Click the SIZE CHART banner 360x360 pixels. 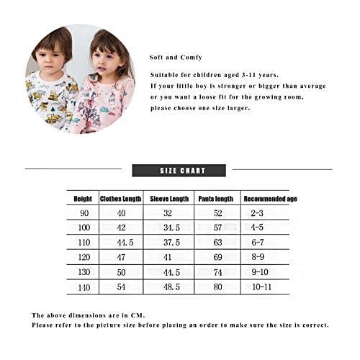tap(183, 171)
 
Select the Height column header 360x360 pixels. tap(83, 199)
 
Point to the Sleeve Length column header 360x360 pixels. tap(169, 199)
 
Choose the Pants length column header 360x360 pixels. tap(215, 199)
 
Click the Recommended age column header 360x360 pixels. tap(265, 199)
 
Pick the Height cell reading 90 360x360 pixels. tap(83, 213)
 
